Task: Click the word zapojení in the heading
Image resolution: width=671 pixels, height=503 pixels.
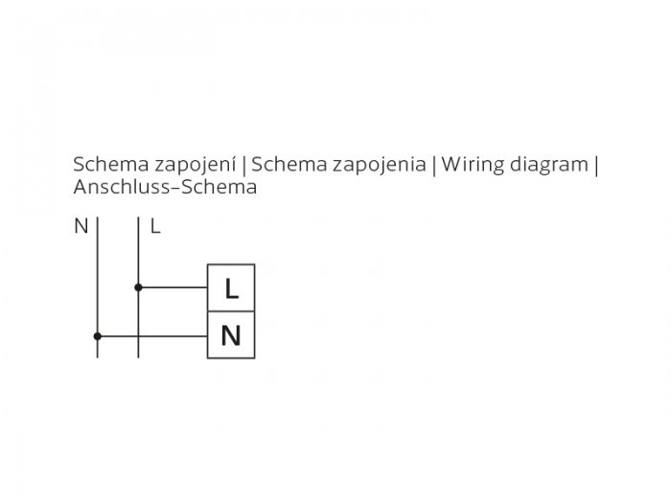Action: pyautogui.click(x=196, y=165)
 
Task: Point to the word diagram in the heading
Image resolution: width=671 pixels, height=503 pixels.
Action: pyautogui.click(x=547, y=165)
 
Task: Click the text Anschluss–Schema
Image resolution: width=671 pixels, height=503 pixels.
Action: pyautogui.click(x=165, y=188)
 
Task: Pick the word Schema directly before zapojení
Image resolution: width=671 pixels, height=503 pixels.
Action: pyautogui.click(x=111, y=164)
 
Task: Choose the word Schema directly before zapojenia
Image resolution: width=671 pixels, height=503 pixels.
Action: pyautogui.click(x=289, y=164)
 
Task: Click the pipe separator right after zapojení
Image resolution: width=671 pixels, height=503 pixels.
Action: pyautogui.click(x=243, y=166)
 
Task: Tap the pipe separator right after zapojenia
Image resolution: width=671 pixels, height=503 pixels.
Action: pyautogui.click(x=434, y=166)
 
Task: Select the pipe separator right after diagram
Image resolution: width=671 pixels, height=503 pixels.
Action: pyautogui.click(x=596, y=166)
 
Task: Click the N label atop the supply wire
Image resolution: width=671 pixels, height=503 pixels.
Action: pyautogui.click(x=81, y=226)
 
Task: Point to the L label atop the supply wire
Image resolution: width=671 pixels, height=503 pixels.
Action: pyautogui.click(x=155, y=226)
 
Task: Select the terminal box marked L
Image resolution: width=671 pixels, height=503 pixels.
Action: pyautogui.click(x=231, y=287)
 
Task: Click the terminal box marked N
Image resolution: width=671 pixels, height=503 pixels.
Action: pyautogui.click(x=231, y=335)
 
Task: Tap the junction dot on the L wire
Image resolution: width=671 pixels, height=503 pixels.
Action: pyautogui.click(x=138, y=287)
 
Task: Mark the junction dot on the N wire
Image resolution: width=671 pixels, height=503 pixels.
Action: pyautogui.click(x=98, y=336)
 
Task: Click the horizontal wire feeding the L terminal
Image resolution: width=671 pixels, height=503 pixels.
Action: pyautogui.click(x=173, y=287)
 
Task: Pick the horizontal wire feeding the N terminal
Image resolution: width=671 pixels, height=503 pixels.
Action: pyautogui.click(x=152, y=336)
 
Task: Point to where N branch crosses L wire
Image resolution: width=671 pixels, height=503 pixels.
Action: pyautogui.click(x=138, y=336)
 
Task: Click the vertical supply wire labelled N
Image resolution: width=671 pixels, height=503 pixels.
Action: pyautogui.click(x=98, y=287)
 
